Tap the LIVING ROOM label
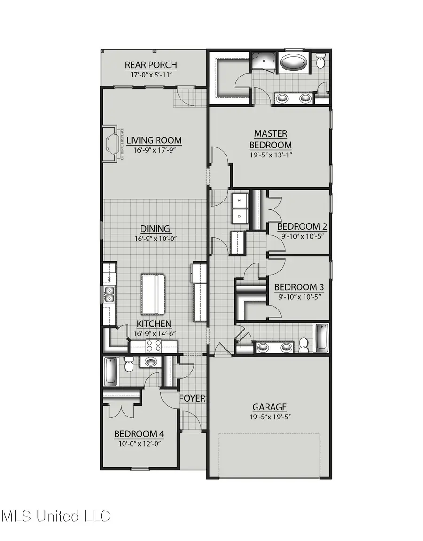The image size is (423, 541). pyautogui.click(x=154, y=140)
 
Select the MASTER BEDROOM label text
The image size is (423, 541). pyautogui.click(x=270, y=139)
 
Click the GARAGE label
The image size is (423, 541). pyautogui.click(x=269, y=408)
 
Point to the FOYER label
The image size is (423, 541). pyautogui.click(x=192, y=399)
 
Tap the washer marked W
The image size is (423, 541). pyautogui.click(x=240, y=201)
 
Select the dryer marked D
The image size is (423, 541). pyautogui.click(x=240, y=216)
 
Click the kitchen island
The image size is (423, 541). pyautogui.click(x=153, y=294)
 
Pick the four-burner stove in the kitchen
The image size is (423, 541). pyautogui.click(x=153, y=347)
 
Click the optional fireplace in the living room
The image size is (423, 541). pyautogui.click(x=110, y=144)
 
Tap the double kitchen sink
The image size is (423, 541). pyautogui.click(x=109, y=294)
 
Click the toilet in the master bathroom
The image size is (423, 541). pyautogui.click(x=321, y=61)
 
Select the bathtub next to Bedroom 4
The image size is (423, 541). pyautogui.click(x=110, y=371)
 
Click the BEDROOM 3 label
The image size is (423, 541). pyautogui.click(x=299, y=287)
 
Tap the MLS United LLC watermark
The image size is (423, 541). pyautogui.click(x=55, y=517)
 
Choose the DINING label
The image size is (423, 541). pyautogui.click(x=155, y=229)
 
